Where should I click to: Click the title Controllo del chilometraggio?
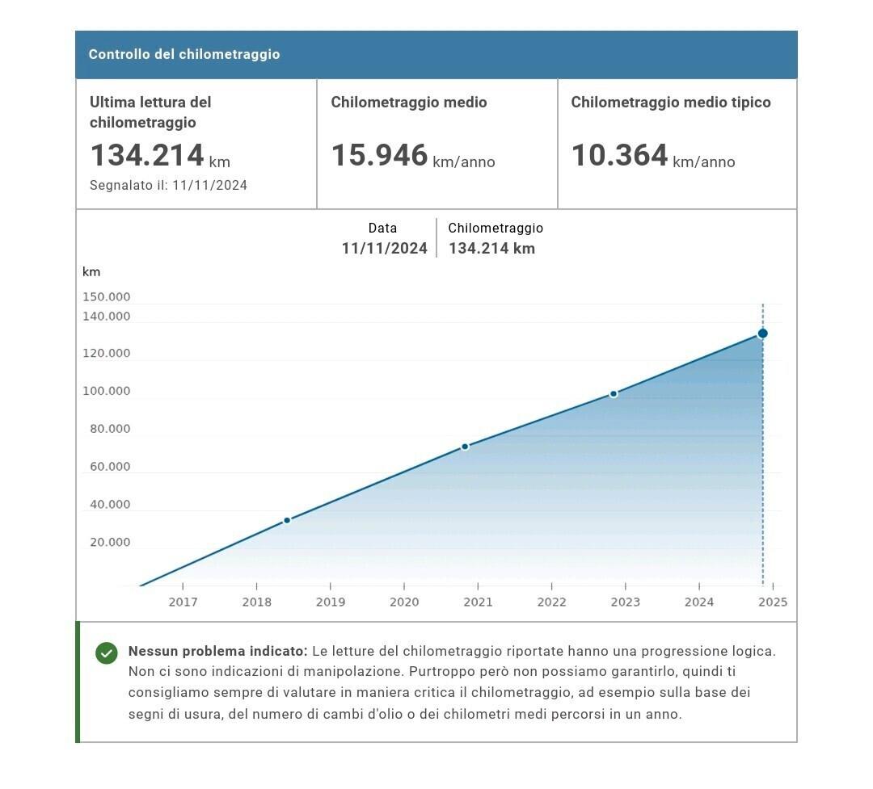[x=184, y=54]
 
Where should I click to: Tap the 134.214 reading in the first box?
[x=147, y=155]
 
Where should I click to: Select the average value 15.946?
[x=379, y=155]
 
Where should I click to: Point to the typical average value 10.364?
[x=619, y=155]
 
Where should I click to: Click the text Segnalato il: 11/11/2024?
[x=168, y=185]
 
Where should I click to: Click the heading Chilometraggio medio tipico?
[x=670, y=103]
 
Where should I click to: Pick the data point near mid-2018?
[x=287, y=521]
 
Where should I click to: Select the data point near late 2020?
[x=465, y=447]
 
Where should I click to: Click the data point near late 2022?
[x=614, y=394]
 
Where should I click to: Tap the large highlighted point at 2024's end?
[x=762, y=334]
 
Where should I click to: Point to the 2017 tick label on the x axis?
[x=183, y=602]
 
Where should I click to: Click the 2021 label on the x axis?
[x=478, y=602]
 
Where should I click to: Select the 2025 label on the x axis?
[x=773, y=602]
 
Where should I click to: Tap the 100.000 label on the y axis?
[x=106, y=392]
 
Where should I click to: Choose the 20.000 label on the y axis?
[x=109, y=543]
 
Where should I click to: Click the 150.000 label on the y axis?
[x=106, y=297]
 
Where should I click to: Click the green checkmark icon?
[x=107, y=653]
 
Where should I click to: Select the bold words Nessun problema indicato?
[x=217, y=651]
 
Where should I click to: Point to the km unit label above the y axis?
[x=91, y=272]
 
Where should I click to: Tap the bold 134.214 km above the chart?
[x=491, y=249]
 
